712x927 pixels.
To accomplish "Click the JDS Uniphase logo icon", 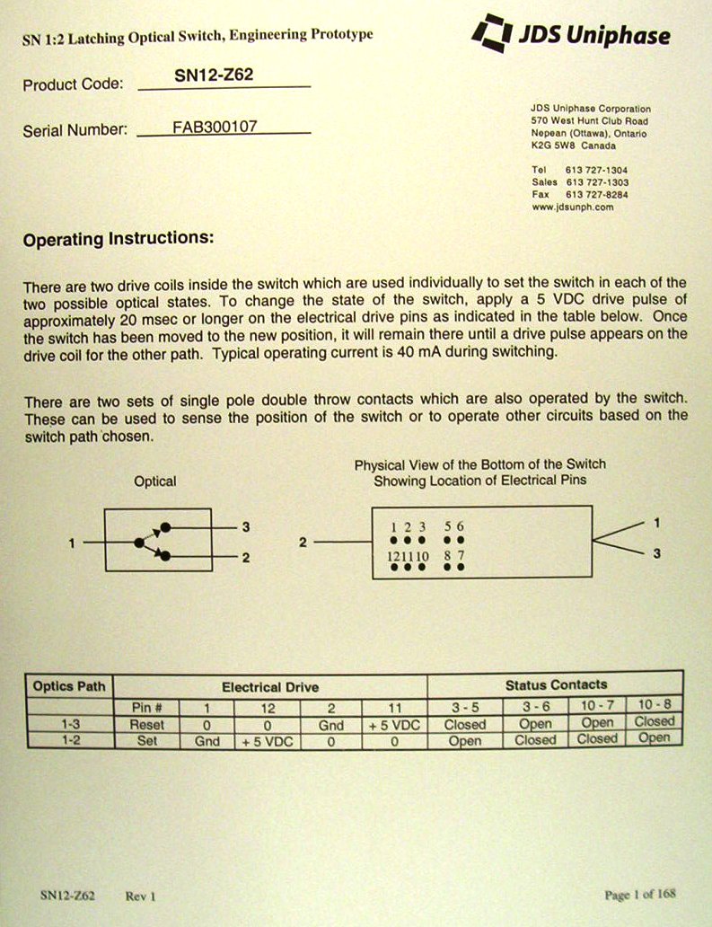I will click(x=492, y=33).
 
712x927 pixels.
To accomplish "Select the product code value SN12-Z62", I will click(x=214, y=75).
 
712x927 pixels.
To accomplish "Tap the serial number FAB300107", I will click(x=215, y=127).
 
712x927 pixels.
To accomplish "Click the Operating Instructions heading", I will click(x=119, y=240).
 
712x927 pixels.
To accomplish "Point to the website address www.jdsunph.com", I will click(x=572, y=207).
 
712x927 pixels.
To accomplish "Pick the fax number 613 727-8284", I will click(x=596, y=194).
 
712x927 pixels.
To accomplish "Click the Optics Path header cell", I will click(x=68, y=686).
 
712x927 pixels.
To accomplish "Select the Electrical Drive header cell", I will click(x=269, y=687).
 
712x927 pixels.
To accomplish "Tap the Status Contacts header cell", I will click(x=556, y=684).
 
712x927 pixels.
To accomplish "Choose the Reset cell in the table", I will click(x=146, y=724).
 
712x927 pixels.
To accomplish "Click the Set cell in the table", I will click(x=146, y=742).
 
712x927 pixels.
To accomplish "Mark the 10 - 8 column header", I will click(x=654, y=703).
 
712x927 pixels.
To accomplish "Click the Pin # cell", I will click(x=146, y=707).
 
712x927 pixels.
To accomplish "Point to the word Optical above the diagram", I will click(x=155, y=481).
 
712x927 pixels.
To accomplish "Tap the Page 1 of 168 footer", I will click(x=640, y=895).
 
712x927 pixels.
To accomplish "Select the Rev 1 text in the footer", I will click(x=141, y=896).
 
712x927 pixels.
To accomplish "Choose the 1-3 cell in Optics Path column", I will click(x=68, y=724).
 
